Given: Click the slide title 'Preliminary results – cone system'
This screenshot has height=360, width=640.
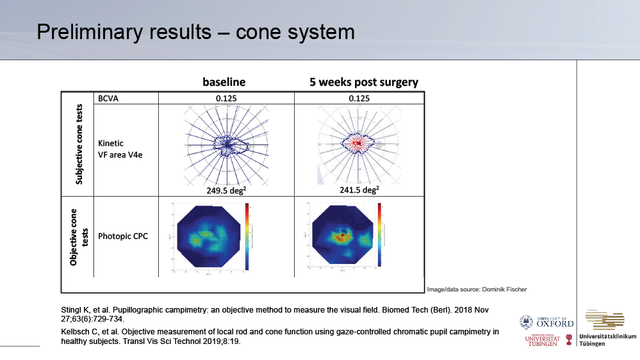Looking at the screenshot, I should pyautogui.click(x=195, y=32).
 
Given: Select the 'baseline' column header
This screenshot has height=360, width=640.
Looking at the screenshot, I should pyautogui.click(x=224, y=82).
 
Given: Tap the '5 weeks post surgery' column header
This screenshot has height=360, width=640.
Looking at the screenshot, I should pyautogui.click(x=363, y=82).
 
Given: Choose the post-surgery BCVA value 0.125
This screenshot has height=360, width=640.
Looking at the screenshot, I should pyautogui.click(x=359, y=98).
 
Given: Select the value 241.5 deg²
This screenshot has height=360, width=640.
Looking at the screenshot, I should pyautogui.click(x=359, y=190).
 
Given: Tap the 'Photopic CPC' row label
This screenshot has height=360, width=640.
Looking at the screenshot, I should pyautogui.click(x=123, y=236).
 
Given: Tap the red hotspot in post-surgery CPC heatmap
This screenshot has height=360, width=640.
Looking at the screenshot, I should pyautogui.click(x=343, y=235).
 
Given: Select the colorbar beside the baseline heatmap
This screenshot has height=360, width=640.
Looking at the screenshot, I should pyautogui.click(x=247, y=235).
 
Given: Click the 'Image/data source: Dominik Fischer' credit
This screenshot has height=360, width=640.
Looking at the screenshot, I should pyautogui.click(x=477, y=290).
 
